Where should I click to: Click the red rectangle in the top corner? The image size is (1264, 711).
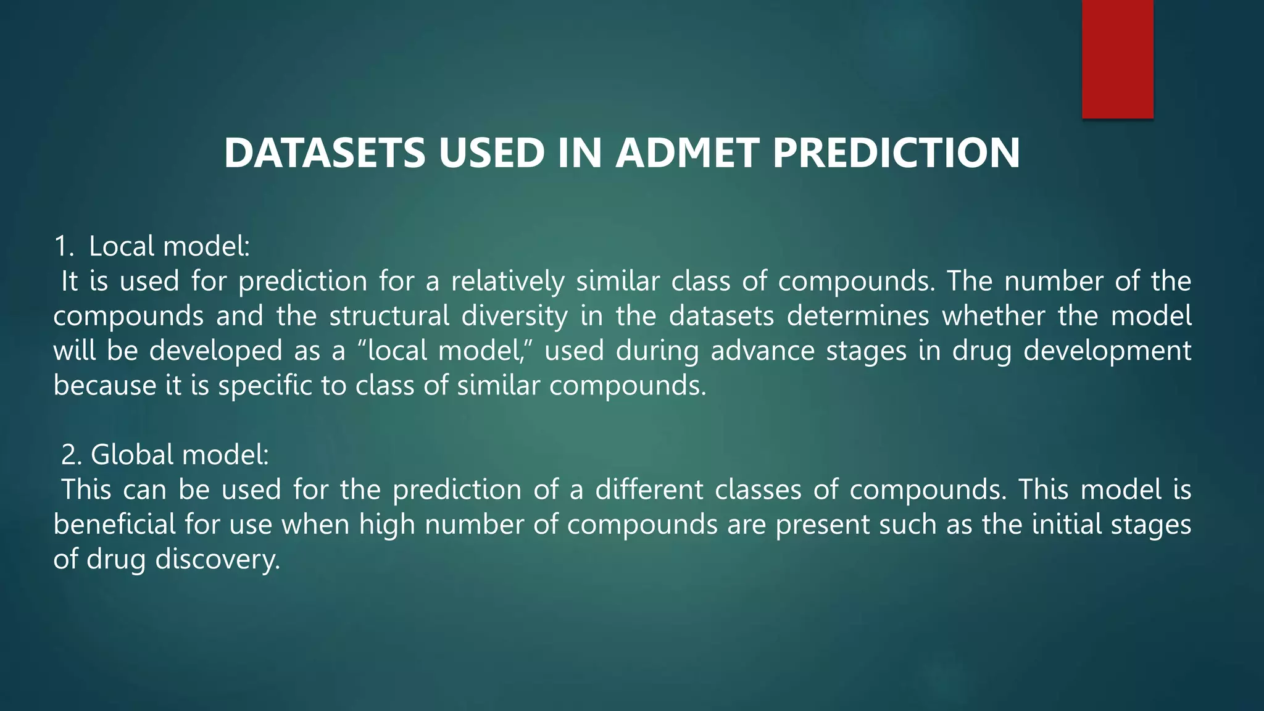pos(1117,59)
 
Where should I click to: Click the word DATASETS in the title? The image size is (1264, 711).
pos(325,153)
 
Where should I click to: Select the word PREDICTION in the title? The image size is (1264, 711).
pos(896,153)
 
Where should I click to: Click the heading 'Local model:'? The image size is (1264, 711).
pos(169,246)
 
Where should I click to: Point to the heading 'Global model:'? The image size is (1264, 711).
pos(180,455)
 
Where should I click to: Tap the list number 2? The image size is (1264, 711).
pos(71,455)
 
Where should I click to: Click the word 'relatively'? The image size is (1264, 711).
pos(507,281)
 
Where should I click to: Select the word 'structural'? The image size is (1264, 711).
pos(389,316)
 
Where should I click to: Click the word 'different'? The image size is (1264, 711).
pos(649,490)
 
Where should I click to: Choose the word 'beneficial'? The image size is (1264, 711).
pos(115,525)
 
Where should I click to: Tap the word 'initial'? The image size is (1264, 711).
pos(1067,525)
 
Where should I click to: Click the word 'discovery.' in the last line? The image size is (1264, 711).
pos(217,560)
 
